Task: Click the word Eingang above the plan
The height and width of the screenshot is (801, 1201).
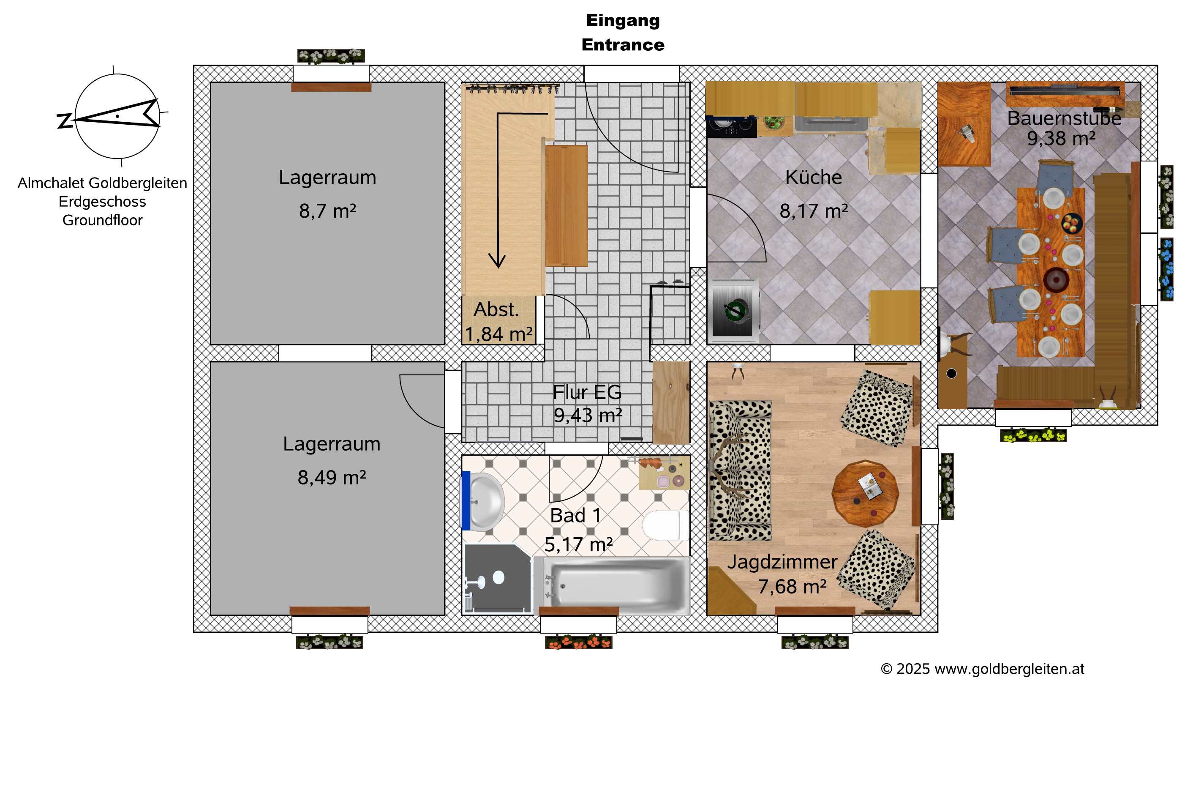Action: pos(623,20)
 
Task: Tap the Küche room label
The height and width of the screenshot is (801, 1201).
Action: pos(813,177)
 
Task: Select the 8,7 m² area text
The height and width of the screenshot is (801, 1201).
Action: pos(327,211)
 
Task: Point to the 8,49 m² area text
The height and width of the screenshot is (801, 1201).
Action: pos(332,477)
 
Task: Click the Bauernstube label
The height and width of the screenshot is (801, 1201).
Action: pos(1064,118)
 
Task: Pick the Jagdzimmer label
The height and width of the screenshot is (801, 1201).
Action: pos(782,562)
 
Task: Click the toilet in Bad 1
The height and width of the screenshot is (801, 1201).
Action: pos(662,525)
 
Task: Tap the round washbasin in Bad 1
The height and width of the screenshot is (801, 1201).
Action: pos(485,502)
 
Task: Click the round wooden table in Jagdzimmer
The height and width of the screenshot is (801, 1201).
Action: pos(865,493)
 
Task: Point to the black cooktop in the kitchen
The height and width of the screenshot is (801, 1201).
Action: pos(731,126)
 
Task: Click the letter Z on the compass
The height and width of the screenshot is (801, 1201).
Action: pos(65,120)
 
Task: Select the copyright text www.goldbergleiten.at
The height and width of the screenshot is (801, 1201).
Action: pos(1009,669)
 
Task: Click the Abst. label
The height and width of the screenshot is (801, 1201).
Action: pos(496,309)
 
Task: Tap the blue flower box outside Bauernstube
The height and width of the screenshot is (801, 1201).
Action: pos(1167,269)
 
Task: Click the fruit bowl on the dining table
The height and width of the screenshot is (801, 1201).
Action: pos(1072,223)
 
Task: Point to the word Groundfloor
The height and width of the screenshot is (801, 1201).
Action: pos(103,220)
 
